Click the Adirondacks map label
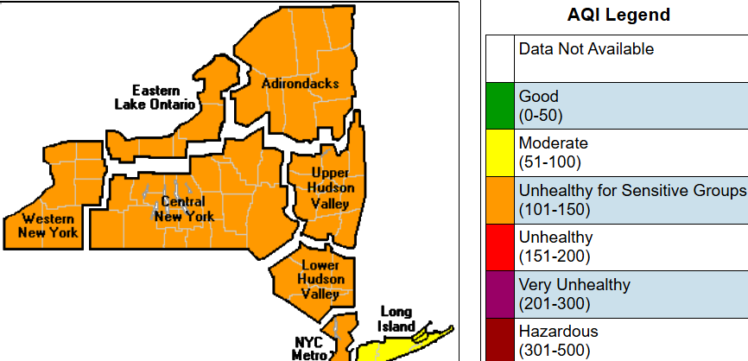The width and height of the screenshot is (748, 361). [x=300, y=84]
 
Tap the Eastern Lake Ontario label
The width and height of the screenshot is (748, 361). [x=155, y=98]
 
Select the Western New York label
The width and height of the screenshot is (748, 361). [x=50, y=225]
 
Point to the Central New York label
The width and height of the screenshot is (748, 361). [x=183, y=209]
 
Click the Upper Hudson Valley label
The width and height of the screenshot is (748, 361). [x=330, y=188]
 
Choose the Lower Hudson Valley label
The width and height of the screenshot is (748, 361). [x=320, y=279]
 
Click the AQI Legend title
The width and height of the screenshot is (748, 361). [x=618, y=16]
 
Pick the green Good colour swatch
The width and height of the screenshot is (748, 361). [x=499, y=106]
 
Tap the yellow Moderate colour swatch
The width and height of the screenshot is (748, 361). [x=499, y=153]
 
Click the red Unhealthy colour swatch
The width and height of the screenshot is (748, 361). [x=499, y=246]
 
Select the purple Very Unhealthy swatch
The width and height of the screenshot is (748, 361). [x=499, y=294]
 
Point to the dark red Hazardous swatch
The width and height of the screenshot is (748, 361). [x=499, y=340]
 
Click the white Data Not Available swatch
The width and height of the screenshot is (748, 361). [x=499, y=59]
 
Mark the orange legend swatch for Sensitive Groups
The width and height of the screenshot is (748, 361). [x=499, y=199]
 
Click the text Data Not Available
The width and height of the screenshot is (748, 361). [x=586, y=49]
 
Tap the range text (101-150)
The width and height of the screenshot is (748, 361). [x=554, y=209]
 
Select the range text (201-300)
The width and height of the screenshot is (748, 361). [x=554, y=303]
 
